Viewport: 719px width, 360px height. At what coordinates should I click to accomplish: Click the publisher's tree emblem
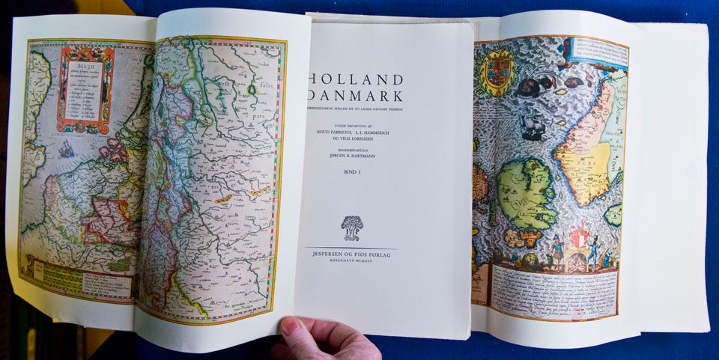351,227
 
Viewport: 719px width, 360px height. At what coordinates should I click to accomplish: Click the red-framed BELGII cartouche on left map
85,88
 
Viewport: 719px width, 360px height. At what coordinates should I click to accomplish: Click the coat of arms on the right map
496,73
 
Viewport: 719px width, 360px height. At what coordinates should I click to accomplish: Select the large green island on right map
526,193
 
